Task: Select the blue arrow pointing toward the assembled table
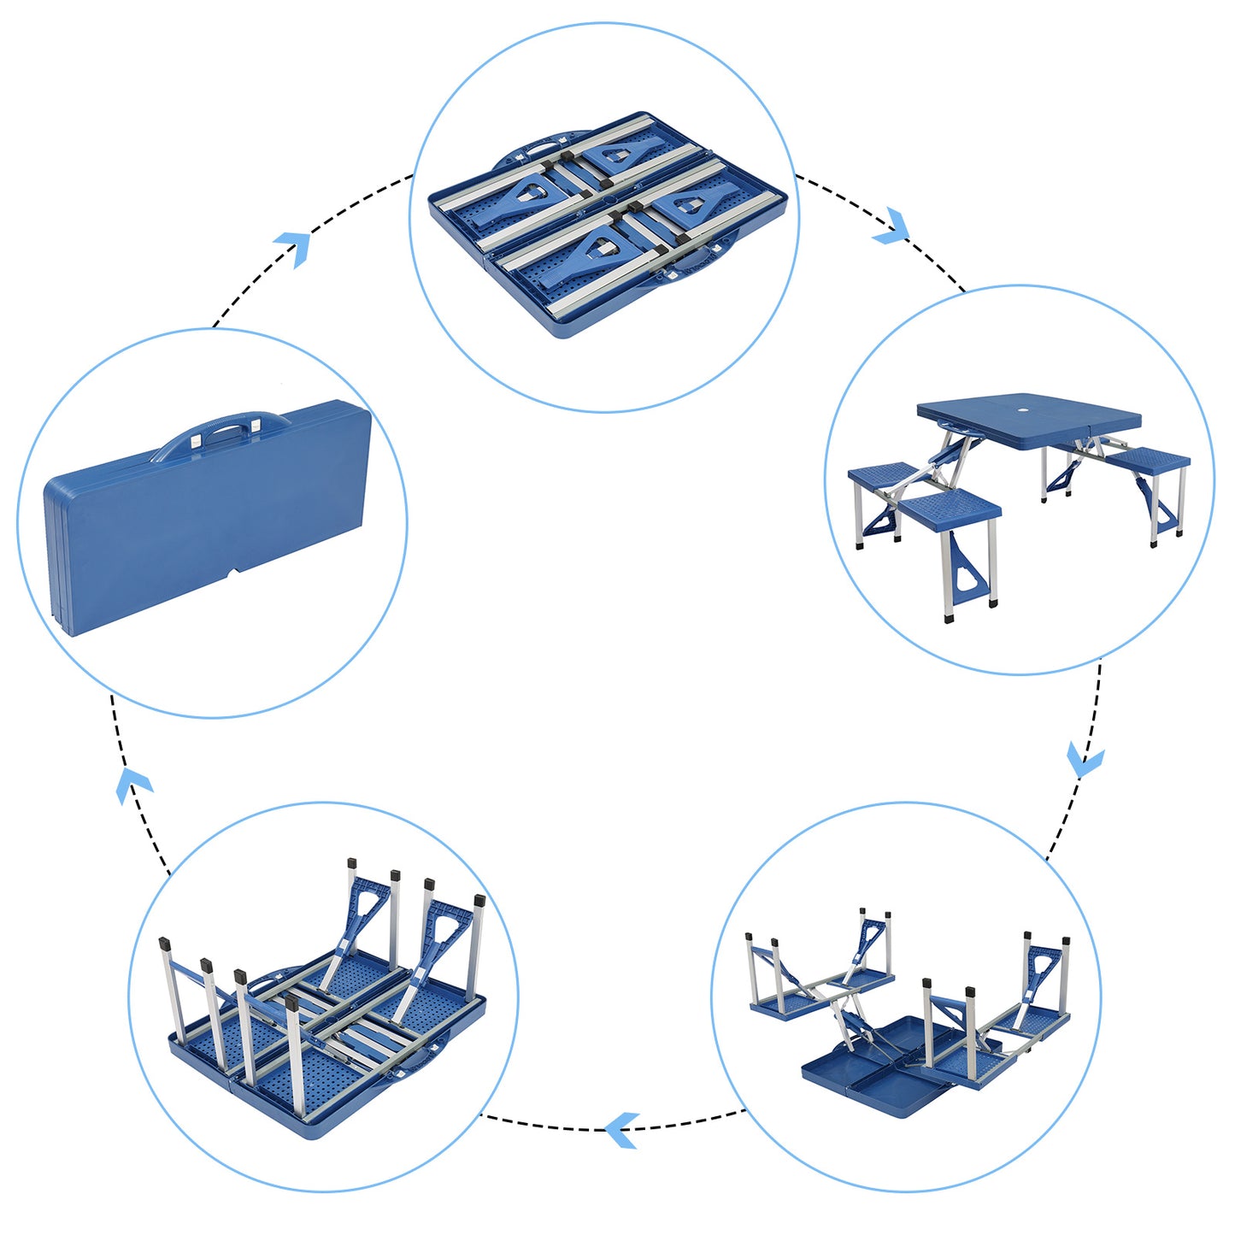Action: pos(892,226)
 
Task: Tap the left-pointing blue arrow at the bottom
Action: pos(622,1130)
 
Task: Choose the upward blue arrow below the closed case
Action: pos(132,785)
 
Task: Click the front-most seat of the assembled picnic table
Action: pos(950,509)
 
